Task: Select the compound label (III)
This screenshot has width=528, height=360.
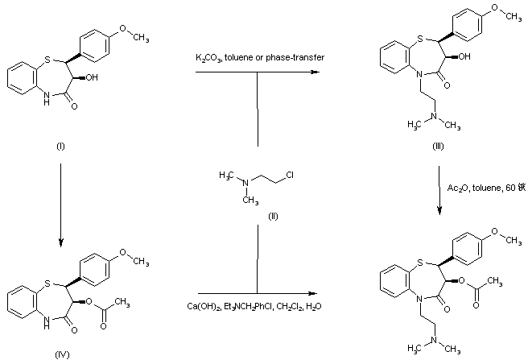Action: coord(437,149)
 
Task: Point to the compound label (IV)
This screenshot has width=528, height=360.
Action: coord(60,352)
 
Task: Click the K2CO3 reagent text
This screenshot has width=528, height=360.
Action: coord(208,57)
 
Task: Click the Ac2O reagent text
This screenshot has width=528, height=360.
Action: coord(456,188)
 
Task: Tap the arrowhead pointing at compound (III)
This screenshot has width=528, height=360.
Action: coord(309,73)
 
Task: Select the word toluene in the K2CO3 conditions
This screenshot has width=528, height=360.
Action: coord(240,57)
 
